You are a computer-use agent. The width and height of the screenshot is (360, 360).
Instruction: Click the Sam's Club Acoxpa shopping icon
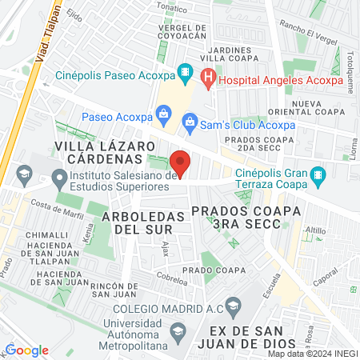[x=190, y=122]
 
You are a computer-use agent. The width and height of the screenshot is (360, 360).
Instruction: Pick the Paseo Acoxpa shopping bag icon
[x=162, y=113]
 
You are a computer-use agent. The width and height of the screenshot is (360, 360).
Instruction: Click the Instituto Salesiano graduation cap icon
[x=58, y=176]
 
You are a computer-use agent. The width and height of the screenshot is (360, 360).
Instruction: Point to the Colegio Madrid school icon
[x=232, y=305]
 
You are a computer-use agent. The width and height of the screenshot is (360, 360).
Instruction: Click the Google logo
[x=26, y=350]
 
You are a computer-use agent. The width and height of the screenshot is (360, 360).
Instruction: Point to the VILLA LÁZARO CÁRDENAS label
[x=104, y=151]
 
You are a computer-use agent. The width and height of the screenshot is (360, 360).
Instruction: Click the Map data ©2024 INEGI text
[x=311, y=353]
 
